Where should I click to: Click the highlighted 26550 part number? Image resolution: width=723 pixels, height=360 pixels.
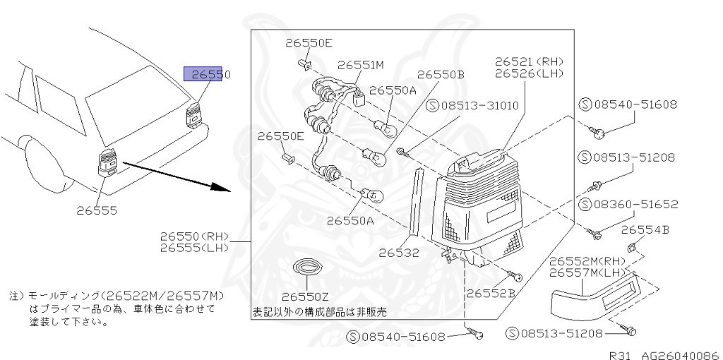click(207, 74)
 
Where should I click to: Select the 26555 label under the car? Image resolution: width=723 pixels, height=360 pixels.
click(97, 210)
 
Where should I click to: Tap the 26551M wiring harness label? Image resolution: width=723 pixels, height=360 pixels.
click(360, 65)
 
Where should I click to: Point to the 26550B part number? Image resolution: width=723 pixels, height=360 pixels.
click(441, 74)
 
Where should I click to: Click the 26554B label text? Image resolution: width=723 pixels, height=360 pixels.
click(645, 230)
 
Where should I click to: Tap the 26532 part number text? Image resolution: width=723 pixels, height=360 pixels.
click(398, 253)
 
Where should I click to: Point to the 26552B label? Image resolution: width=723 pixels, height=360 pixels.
click(489, 292)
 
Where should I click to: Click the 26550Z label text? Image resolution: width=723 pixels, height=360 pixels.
click(305, 296)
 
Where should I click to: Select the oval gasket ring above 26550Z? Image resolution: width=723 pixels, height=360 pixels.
click(306, 269)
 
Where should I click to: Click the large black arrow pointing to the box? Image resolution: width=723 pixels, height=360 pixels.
click(177, 176)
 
